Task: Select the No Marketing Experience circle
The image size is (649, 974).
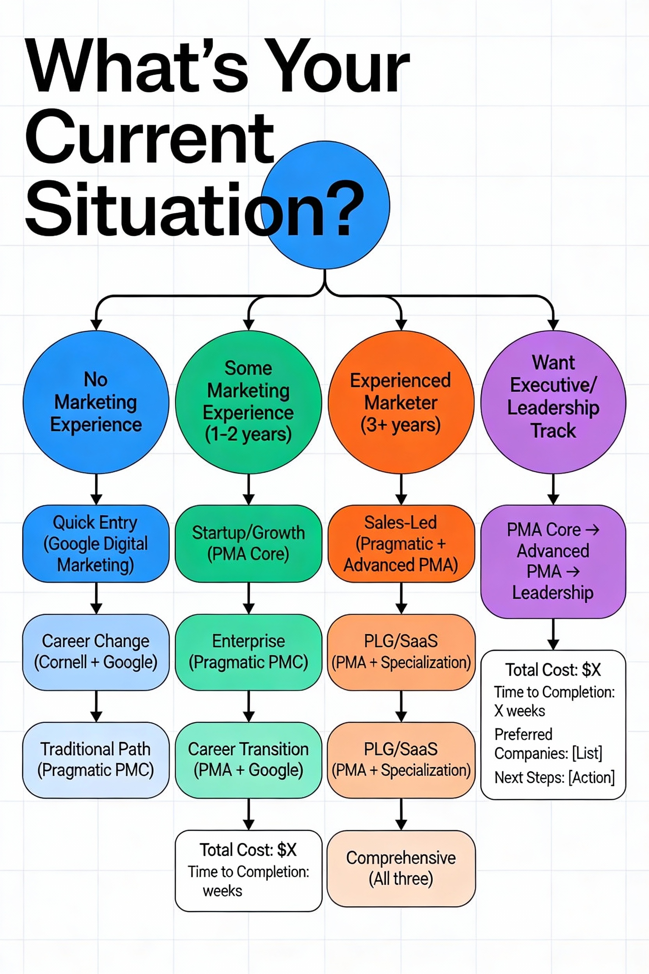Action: click(x=96, y=402)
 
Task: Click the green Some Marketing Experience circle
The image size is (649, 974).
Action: click(x=248, y=402)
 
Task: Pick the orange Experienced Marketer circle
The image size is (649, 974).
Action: click(x=401, y=402)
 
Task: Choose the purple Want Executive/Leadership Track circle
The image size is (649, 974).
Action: click(x=553, y=402)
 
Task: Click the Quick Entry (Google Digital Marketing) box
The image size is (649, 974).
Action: click(x=96, y=544)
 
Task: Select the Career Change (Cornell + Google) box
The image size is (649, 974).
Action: click(x=96, y=651)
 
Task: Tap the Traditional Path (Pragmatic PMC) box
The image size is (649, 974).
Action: click(x=96, y=760)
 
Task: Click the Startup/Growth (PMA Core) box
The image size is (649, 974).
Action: click(x=248, y=544)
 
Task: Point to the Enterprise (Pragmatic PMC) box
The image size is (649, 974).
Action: click(x=248, y=651)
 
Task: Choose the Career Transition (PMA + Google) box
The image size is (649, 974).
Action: click(x=248, y=760)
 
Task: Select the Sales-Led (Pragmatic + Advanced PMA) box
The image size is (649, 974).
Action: click(x=401, y=544)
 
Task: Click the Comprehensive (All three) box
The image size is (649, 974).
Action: click(x=401, y=868)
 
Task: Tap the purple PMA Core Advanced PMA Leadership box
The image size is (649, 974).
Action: click(x=553, y=561)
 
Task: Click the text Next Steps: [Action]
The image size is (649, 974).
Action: click(x=554, y=778)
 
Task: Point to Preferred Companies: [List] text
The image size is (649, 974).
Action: click(x=548, y=744)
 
